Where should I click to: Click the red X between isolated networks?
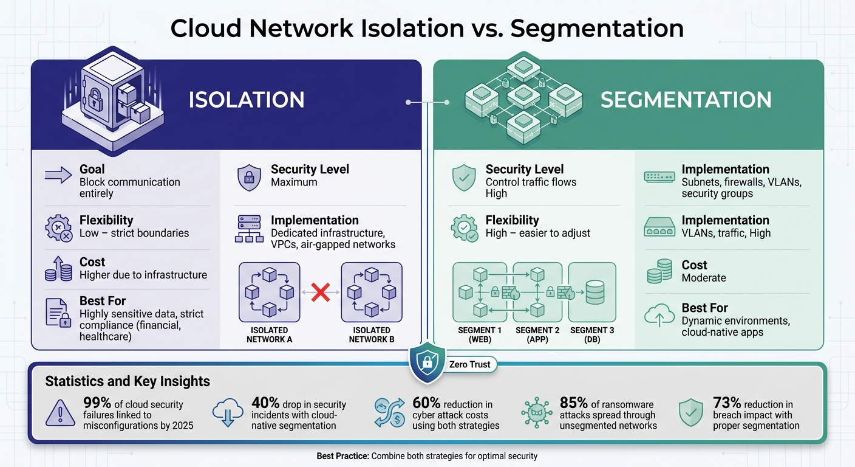[321, 292]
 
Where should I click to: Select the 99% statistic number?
[96, 403]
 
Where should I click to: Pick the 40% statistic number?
[265, 403]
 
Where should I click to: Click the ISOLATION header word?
[247, 100]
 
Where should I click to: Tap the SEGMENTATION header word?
[686, 100]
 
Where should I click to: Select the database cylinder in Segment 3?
[595, 292]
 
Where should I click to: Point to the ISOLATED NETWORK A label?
[269, 334]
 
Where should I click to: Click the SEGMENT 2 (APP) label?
[537, 334]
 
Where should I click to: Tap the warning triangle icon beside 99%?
[61, 413]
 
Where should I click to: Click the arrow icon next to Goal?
[58, 176]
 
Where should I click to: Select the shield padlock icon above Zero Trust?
[428, 363]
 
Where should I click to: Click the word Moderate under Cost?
[704, 278]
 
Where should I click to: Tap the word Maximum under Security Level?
[294, 182]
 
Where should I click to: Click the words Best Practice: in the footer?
[342, 455]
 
